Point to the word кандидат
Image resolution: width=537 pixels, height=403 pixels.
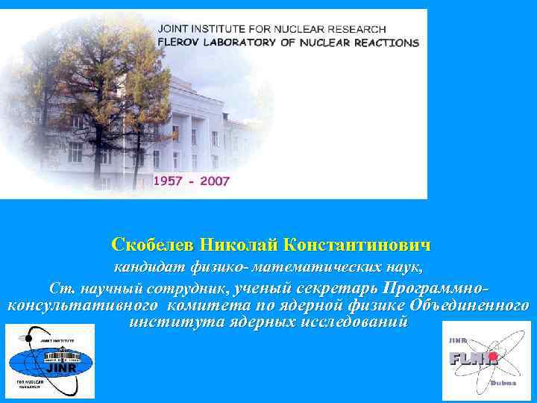[145, 266]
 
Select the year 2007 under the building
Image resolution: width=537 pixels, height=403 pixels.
[215, 181]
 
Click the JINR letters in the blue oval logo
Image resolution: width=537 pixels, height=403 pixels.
[57, 368]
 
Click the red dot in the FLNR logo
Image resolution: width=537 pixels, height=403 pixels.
[492, 357]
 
